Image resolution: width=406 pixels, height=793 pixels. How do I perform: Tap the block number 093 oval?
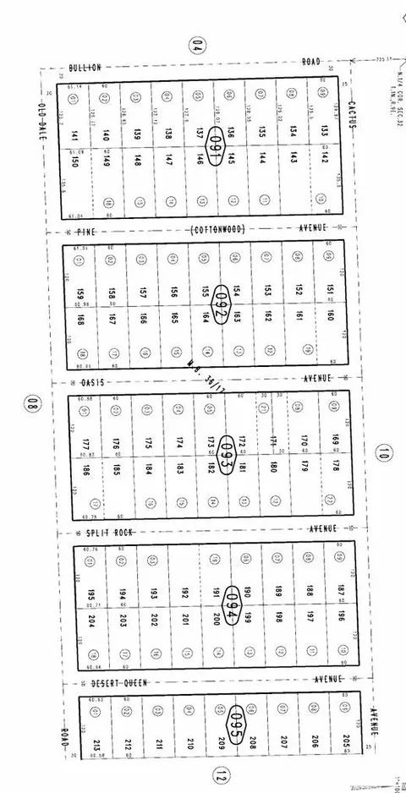point(226,447)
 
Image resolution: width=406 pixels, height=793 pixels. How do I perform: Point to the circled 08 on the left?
point(33,404)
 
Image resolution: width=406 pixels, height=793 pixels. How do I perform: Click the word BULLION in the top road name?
point(85,66)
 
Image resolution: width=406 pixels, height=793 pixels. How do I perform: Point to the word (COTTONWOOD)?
point(217,228)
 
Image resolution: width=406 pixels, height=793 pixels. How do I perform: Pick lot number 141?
point(74,135)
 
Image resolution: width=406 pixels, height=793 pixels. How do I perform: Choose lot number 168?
point(80,320)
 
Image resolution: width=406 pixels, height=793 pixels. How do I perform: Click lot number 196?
point(342,615)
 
